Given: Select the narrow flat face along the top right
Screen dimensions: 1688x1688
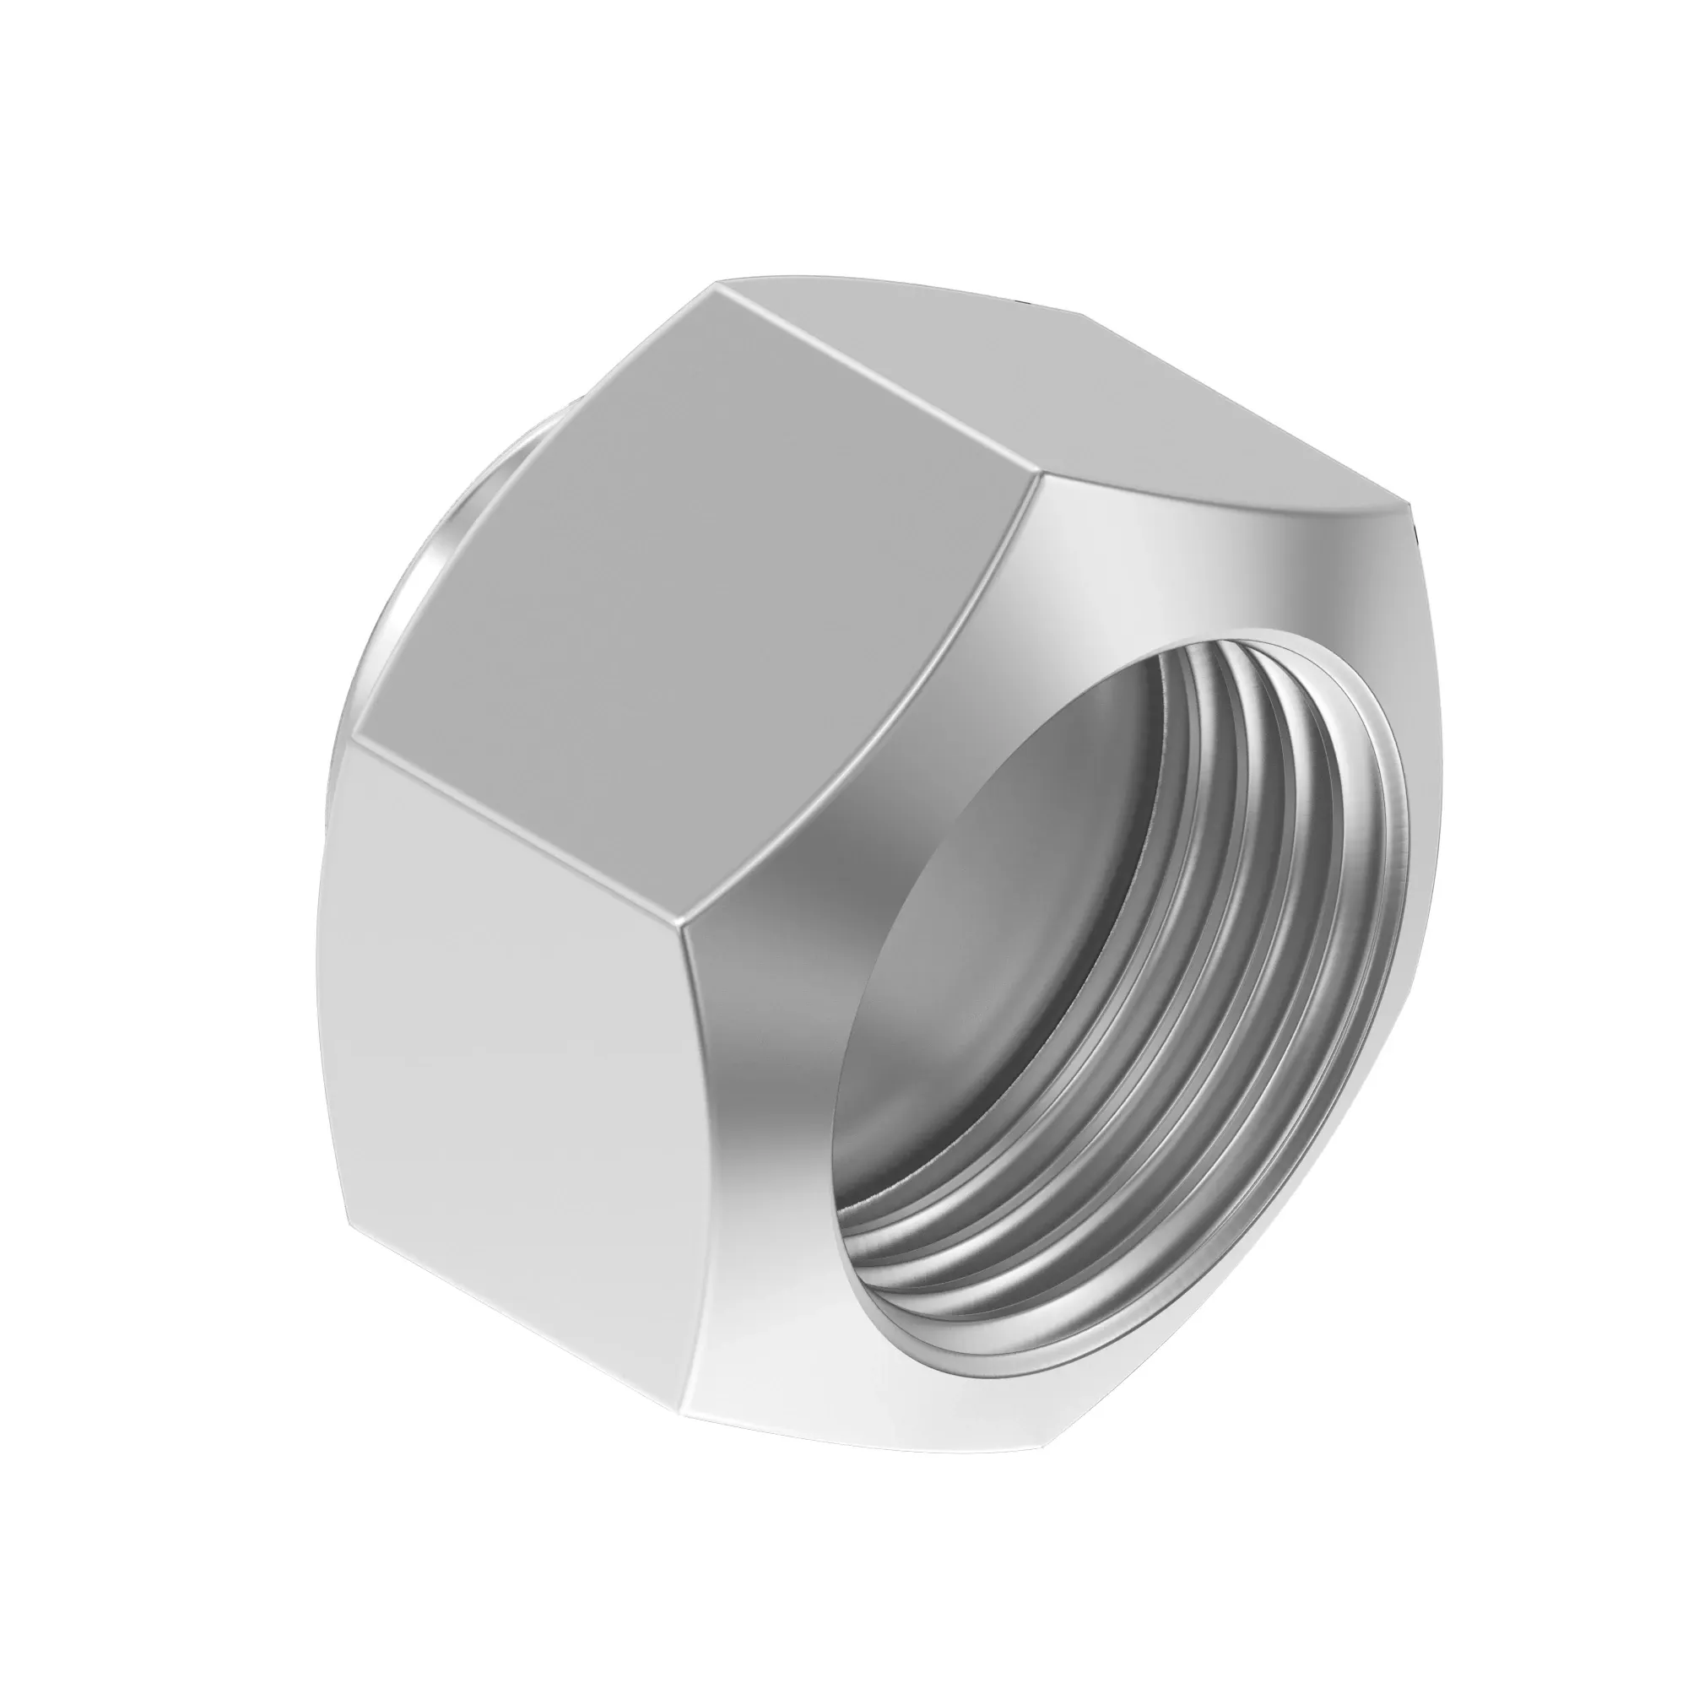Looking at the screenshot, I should (1048, 384).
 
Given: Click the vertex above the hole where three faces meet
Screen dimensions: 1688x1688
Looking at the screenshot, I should (1037, 476).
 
